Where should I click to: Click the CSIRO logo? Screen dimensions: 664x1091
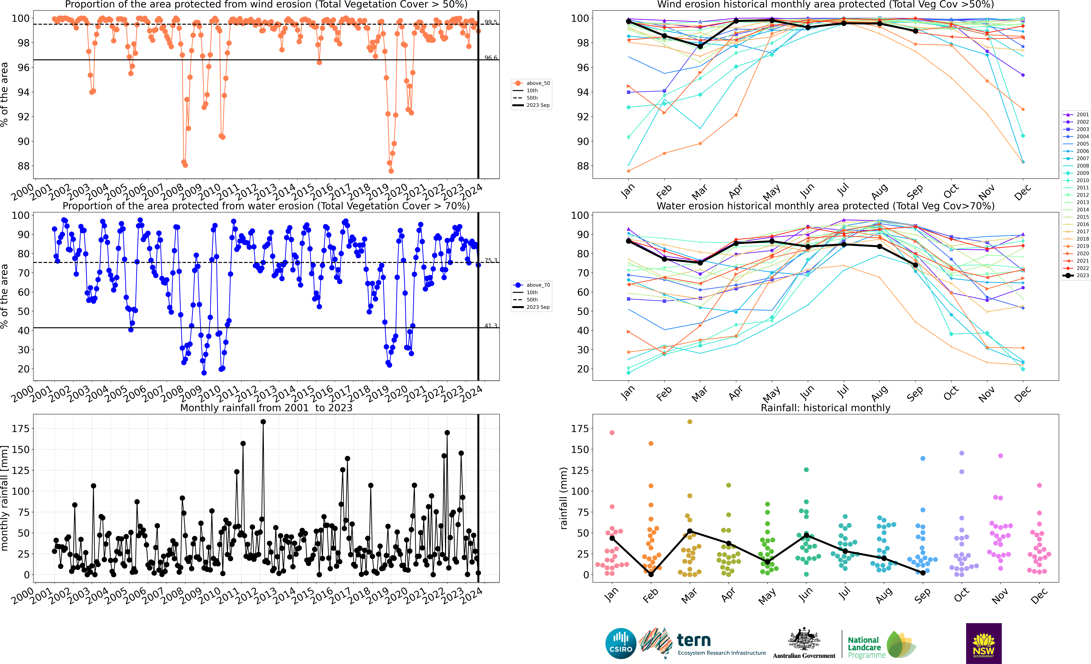621,643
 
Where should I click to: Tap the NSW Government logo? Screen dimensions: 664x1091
983,643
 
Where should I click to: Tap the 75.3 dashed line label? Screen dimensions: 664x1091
491,260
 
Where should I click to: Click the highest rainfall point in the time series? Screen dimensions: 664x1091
263,422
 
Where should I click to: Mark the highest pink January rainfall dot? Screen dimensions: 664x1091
612,433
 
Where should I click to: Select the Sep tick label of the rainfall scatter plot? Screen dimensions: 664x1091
923,595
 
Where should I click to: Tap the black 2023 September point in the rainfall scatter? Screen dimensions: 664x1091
923,573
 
